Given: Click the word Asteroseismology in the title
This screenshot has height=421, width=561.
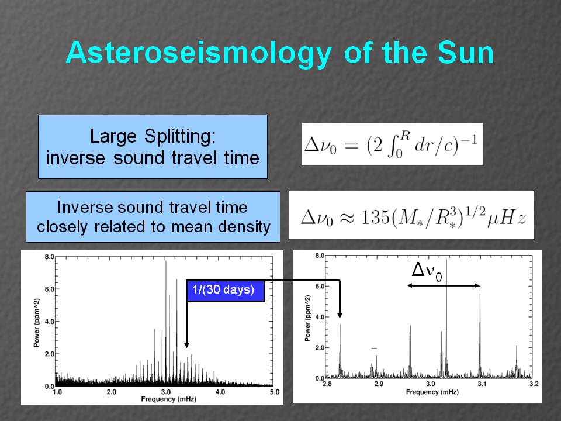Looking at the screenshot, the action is tap(199, 54).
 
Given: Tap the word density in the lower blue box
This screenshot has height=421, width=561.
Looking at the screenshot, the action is tap(244, 227).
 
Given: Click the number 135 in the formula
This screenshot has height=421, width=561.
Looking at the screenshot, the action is tap(375, 216).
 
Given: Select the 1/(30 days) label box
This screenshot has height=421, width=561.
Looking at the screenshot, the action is tap(226, 291).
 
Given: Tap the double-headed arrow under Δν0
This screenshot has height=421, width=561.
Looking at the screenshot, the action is tap(444, 285).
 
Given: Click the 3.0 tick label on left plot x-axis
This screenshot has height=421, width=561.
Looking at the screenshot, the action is tap(165, 392).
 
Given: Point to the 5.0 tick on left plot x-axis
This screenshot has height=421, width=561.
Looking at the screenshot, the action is tap(275, 392).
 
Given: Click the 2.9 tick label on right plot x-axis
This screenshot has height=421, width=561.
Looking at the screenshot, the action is tap(379, 384).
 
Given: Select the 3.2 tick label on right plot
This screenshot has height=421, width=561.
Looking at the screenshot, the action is tap(534, 384).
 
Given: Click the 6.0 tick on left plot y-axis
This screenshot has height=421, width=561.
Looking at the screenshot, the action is tap(49, 289).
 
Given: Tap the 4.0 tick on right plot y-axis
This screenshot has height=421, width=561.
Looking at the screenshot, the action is tap(320, 317).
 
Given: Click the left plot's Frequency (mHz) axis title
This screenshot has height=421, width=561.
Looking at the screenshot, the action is tap(168, 399).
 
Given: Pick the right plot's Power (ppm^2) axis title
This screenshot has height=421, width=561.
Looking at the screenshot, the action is tap(308, 318).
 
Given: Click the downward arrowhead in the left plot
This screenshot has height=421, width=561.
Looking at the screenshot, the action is tap(186, 345).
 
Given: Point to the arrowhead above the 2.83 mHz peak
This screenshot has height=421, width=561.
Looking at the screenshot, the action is tap(340, 315).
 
